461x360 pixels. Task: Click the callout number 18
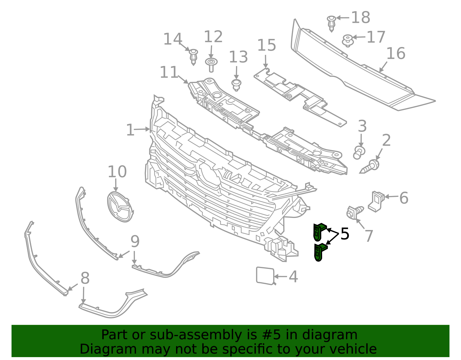click(361, 18)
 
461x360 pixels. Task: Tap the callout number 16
click(396, 54)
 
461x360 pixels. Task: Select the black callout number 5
click(345, 234)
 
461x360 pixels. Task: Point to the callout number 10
click(117, 172)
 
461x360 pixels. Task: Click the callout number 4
click(293, 277)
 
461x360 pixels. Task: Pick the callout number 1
click(130, 130)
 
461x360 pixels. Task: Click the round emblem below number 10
click(120, 206)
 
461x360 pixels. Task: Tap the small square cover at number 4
click(265, 276)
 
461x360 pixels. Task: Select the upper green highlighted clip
click(319, 232)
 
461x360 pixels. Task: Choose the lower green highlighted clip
click(320, 252)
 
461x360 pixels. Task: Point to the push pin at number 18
click(332, 23)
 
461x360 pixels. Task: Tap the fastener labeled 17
click(348, 41)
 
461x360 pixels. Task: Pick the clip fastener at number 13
click(236, 85)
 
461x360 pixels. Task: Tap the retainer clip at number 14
click(194, 56)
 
